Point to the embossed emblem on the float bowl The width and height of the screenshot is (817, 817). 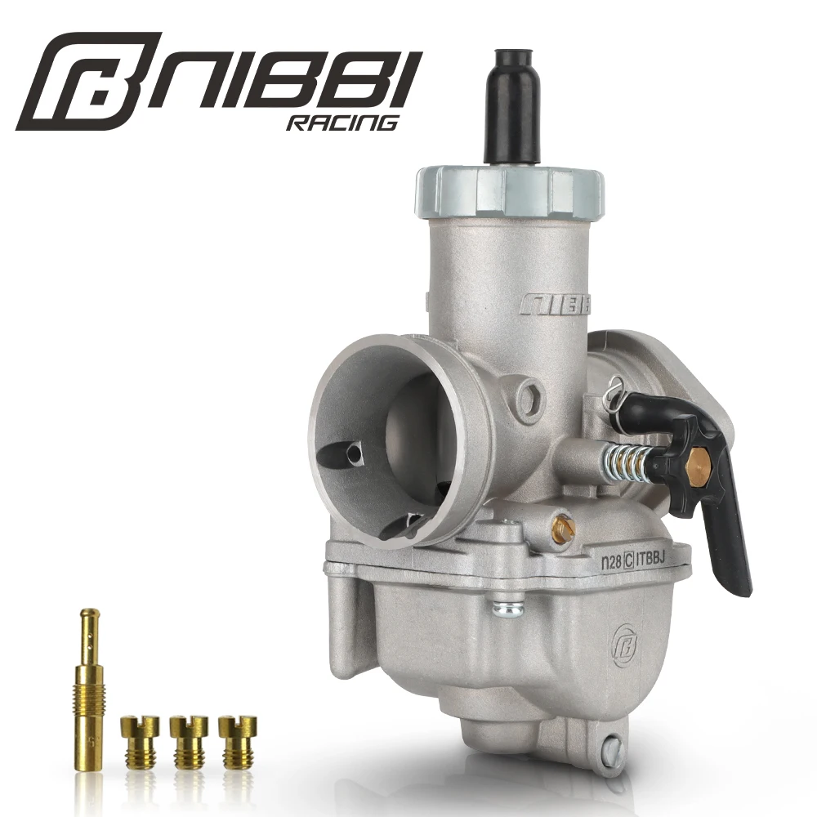pyautogui.click(x=624, y=641)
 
